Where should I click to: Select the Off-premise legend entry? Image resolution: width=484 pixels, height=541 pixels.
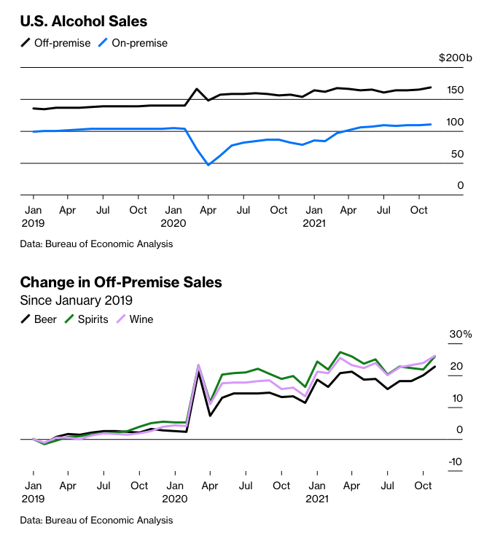(56, 43)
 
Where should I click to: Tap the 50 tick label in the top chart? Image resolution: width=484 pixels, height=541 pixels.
(456, 154)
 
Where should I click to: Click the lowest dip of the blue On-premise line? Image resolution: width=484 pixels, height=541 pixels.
(208, 165)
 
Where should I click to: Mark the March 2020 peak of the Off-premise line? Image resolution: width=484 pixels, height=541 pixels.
(197, 89)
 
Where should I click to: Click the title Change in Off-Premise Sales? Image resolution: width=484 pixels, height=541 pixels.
(121, 282)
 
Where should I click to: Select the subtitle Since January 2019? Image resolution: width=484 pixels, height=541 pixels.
(77, 300)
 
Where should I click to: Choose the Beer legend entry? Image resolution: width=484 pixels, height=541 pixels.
(38, 319)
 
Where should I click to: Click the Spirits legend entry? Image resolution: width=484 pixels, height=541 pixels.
(85, 319)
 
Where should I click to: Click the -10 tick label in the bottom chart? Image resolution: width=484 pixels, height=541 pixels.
(456, 462)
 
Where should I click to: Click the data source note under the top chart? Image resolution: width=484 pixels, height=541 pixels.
(96, 244)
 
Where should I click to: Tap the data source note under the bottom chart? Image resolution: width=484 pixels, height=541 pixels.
(96, 520)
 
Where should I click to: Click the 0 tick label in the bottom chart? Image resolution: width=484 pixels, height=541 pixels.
(460, 429)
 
